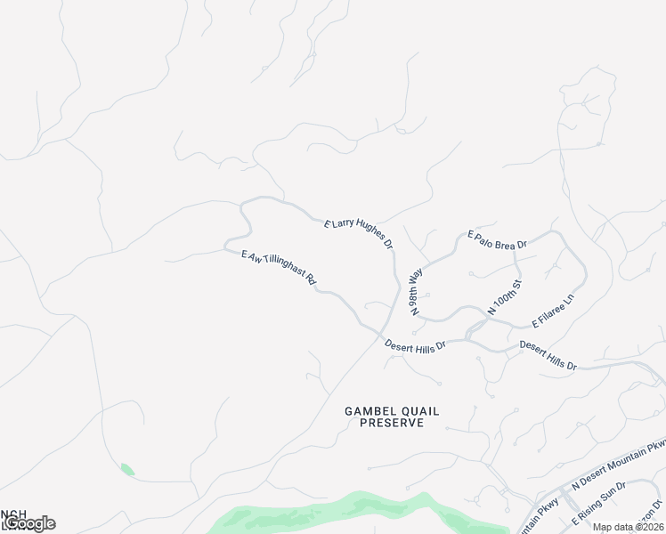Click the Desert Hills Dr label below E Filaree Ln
pyautogui.click(x=548, y=354)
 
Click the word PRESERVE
pyautogui.click(x=392, y=424)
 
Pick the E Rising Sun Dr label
pyautogui.click(x=603, y=502)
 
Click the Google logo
pyautogui.click(x=30, y=523)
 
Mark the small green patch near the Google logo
pyautogui.click(x=127, y=469)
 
